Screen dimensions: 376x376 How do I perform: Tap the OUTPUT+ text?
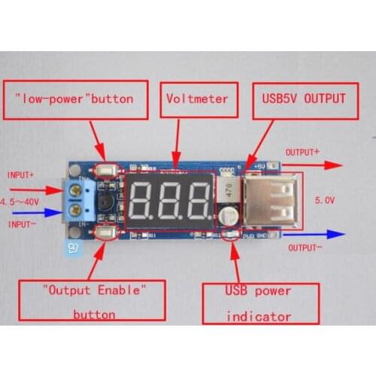[x=302, y=152]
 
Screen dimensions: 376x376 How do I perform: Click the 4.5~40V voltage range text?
[x=20, y=202]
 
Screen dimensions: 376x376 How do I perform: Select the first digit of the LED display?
[x=143, y=199]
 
